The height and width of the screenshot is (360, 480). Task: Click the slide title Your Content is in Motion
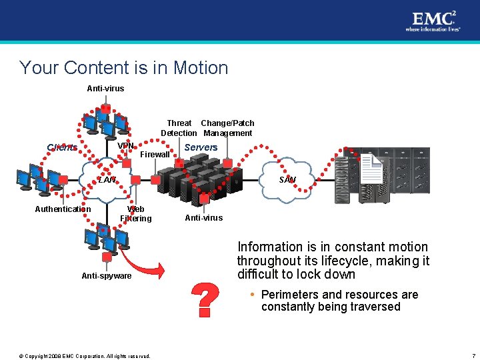[124, 68]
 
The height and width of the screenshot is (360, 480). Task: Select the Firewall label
[155, 155]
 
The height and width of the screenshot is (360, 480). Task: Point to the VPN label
[125, 146]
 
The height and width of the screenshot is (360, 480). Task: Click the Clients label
[62, 147]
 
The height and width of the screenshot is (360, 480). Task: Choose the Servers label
[201, 147]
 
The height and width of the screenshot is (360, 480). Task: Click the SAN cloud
[288, 180]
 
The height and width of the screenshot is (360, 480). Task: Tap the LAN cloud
[107, 179]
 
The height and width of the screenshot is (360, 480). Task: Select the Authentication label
[63, 209]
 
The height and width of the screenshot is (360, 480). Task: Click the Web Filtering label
[136, 214]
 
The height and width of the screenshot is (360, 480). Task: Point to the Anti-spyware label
[107, 276]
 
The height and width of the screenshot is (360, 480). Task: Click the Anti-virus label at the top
[105, 89]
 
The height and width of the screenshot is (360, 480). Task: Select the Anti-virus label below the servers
[204, 218]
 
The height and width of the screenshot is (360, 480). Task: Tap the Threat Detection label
[179, 128]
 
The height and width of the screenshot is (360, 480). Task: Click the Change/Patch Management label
[227, 128]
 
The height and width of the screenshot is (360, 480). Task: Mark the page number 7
[472, 355]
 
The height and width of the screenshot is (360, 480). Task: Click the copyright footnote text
[85, 355]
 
